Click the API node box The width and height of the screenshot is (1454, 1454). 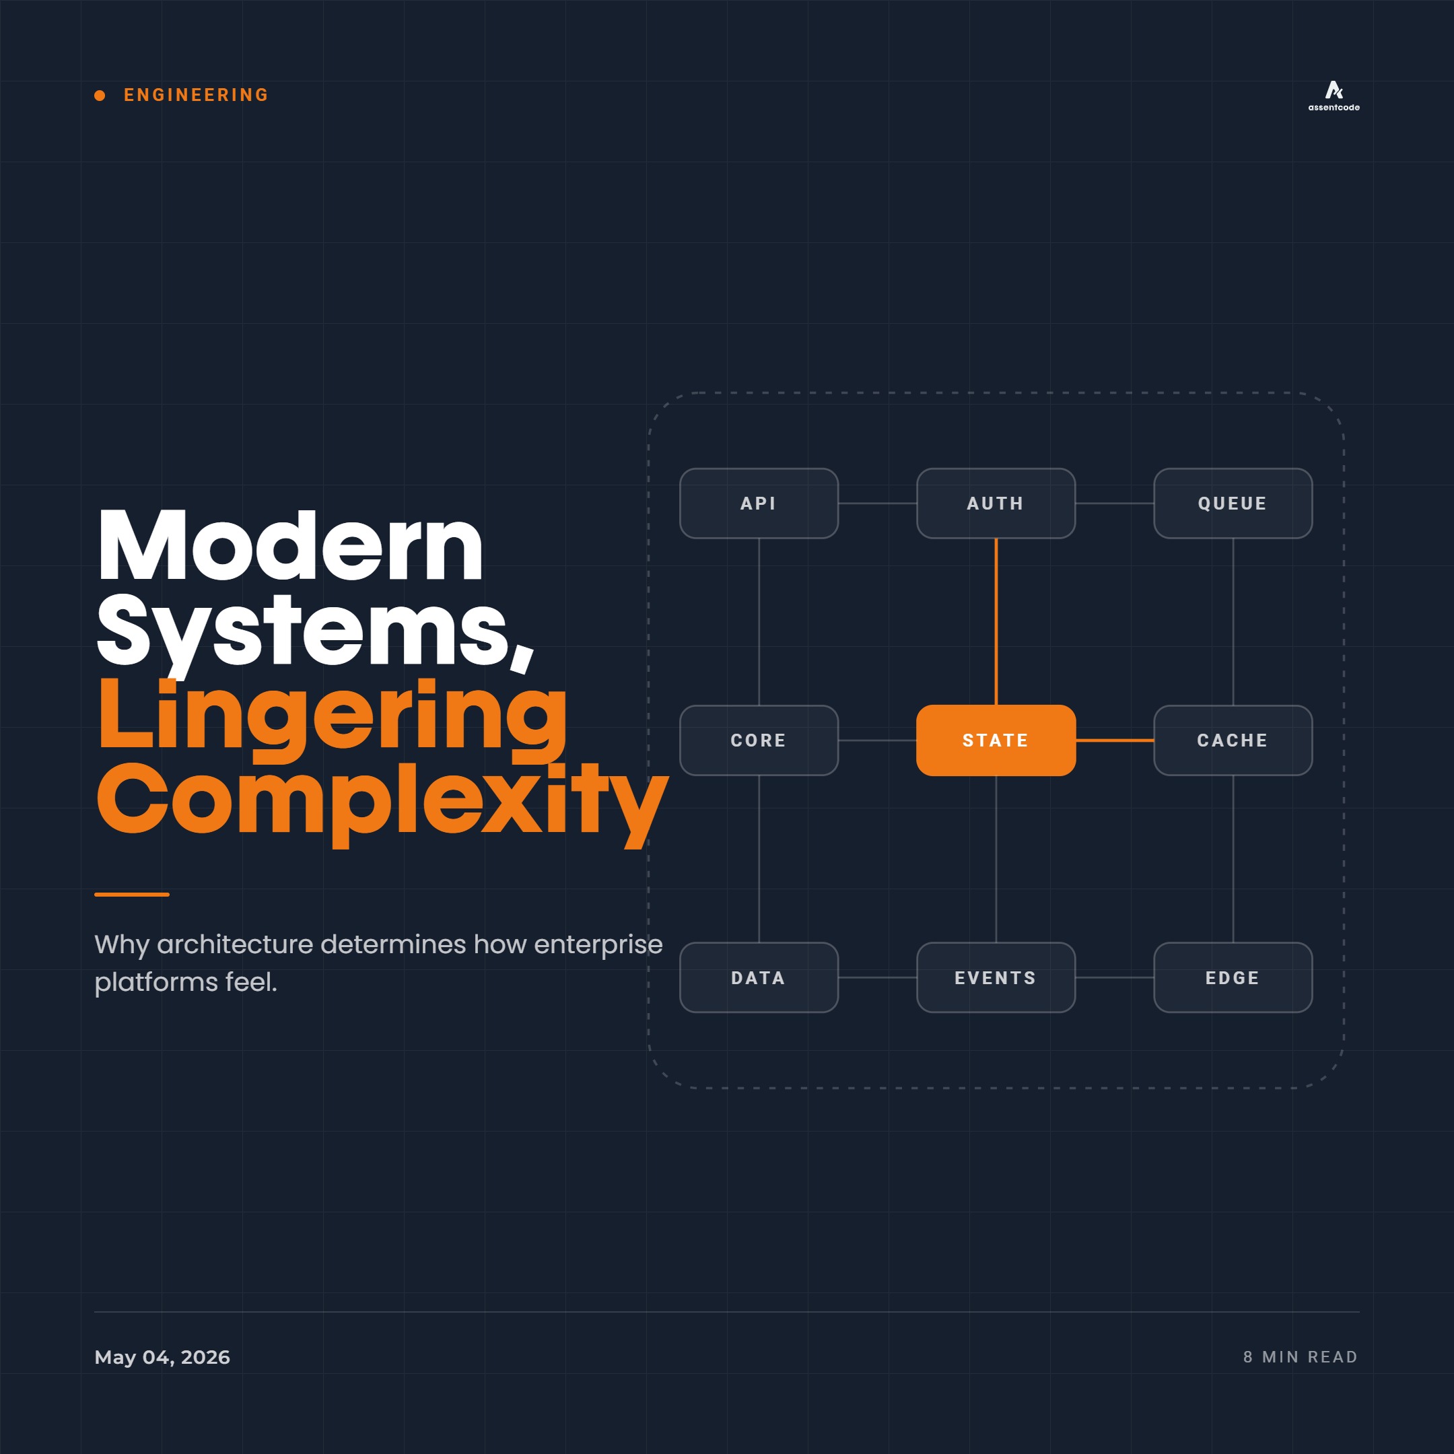tap(759, 504)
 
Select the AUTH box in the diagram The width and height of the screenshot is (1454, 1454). tap(996, 504)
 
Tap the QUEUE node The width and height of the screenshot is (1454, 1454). tap(1233, 504)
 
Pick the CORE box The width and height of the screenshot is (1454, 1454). tap(759, 740)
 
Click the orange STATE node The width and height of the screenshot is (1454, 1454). tap(996, 740)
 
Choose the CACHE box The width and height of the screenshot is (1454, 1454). tap(1233, 740)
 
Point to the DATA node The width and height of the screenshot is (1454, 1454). tap(759, 977)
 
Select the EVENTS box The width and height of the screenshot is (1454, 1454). tap(996, 977)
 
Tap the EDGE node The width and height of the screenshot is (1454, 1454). tap(1233, 977)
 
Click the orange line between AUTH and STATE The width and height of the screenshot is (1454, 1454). tap(996, 621)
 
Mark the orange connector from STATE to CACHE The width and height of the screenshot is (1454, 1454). tap(1115, 740)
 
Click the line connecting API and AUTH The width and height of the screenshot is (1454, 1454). tap(878, 504)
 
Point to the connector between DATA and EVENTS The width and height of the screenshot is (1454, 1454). tap(878, 977)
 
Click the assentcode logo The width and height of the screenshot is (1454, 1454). tap(1334, 96)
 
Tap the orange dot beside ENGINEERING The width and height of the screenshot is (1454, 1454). tap(100, 96)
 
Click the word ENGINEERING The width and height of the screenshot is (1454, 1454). tap(196, 95)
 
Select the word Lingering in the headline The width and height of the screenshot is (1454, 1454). tap(332, 715)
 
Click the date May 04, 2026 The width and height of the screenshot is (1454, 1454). tap(162, 1357)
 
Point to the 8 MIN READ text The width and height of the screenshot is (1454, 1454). tap(1301, 1357)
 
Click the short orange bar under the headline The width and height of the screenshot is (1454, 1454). tap(132, 894)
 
